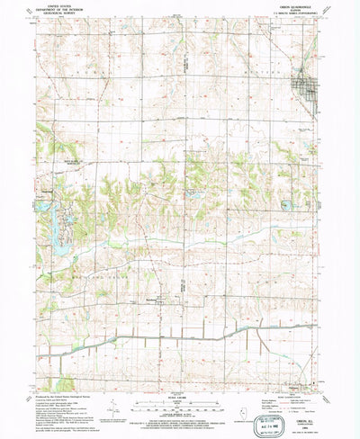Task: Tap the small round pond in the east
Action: coord(285,205)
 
